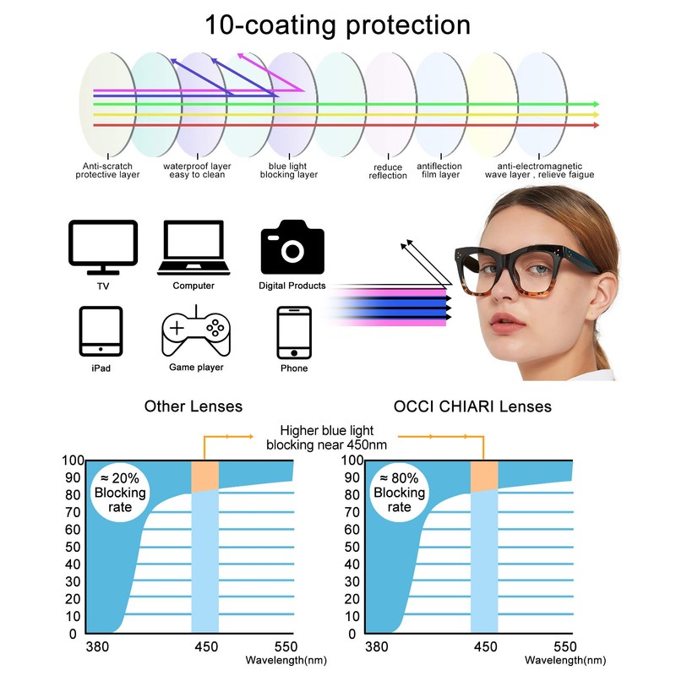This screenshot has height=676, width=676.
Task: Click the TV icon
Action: coord(103,248)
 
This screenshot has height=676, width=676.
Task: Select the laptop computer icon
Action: coord(193,248)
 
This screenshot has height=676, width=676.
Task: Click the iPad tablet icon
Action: coord(101,331)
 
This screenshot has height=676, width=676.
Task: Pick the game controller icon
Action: coord(194,332)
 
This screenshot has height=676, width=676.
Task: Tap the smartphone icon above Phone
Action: coord(294,331)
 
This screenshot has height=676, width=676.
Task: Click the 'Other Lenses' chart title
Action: coord(194,406)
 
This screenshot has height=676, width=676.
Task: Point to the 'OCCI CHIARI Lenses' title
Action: coord(472,406)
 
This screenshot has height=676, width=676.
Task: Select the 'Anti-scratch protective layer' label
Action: coord(107,171)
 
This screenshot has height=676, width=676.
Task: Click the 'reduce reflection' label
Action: coord(388,172)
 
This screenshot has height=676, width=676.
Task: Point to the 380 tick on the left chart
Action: coord(97,648)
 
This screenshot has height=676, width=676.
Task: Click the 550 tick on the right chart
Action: coord(571,648)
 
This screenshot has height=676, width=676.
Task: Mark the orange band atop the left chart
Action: coord(205,476)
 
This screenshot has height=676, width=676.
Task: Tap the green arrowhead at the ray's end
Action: coord(596,104)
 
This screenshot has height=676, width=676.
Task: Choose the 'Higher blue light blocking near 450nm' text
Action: coord(326,438)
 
